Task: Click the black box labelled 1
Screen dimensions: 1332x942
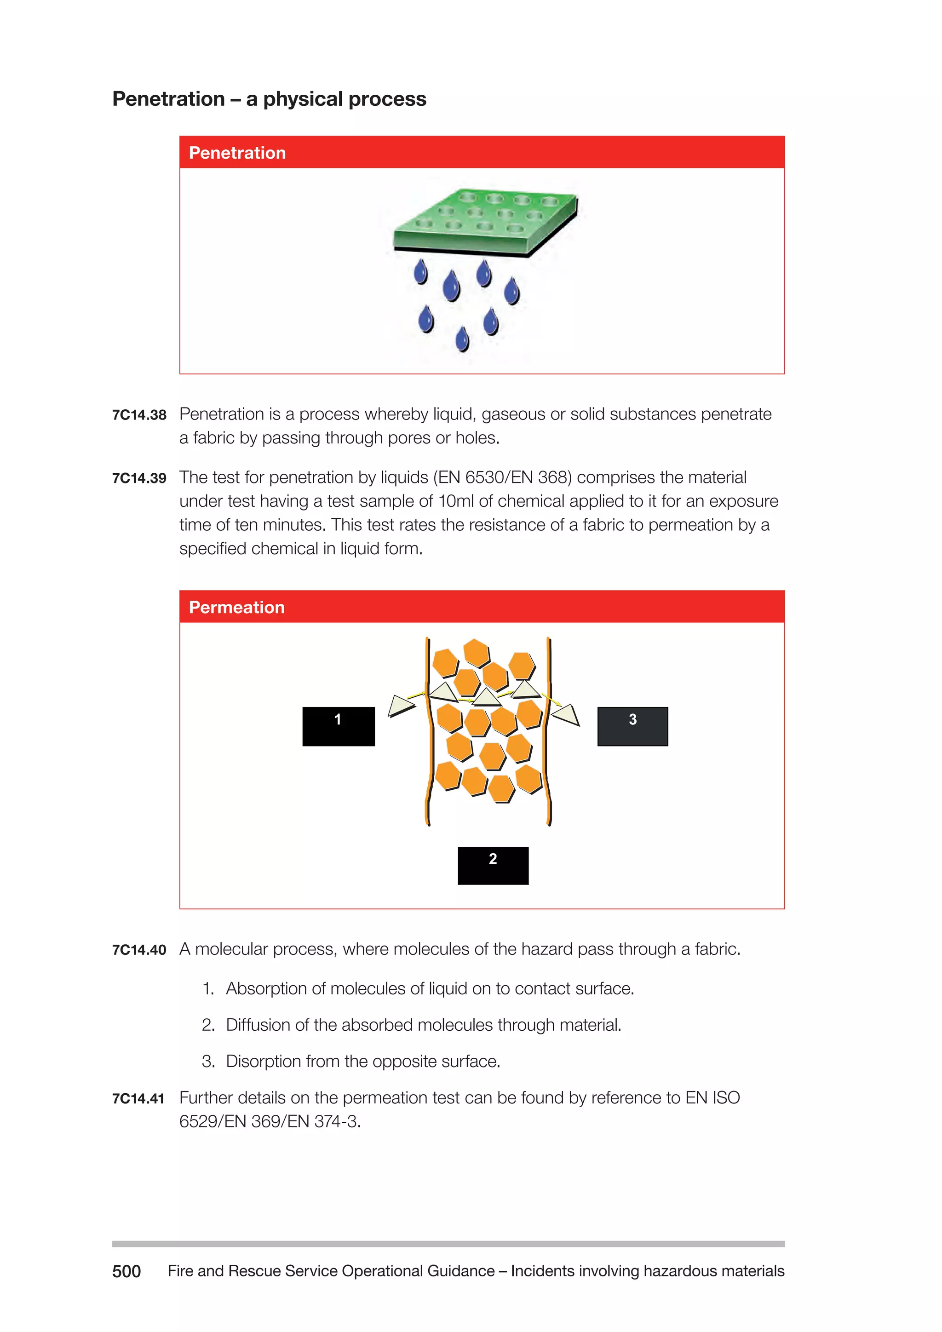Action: click(x=338, y=726)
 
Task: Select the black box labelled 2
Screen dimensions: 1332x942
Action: click(x=493, y=865)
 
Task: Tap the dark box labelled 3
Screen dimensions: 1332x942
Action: click(x=632, y=726)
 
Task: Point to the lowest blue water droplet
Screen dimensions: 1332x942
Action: click(x=462, y=339)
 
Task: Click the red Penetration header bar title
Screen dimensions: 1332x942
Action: click(x=237, y=153)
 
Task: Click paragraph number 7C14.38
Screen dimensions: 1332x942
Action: click(x=139, y=415)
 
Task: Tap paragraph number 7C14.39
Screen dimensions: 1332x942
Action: click(x=139, y=478)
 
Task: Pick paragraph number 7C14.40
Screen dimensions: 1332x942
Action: click(x=139, y=950)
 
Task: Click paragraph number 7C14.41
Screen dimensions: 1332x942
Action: click(x=138, y=1098)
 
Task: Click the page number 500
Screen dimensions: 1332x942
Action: click(x=126, y=1271)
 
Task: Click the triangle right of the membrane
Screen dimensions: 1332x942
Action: click(x=567, y=715)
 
